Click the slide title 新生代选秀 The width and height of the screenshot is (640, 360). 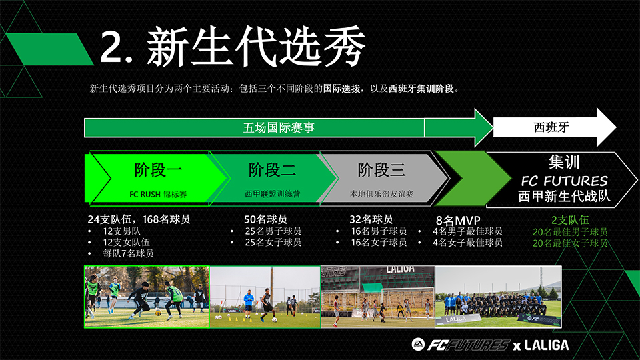pyautogui.click(x=256, y=46)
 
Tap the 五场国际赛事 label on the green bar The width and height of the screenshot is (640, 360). pyautogui.click(x=279, y=128)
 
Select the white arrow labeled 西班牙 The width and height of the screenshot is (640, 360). pyautogui.click(x=555, y=127)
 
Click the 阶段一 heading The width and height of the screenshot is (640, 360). pyautogui.click(x=158, y=170)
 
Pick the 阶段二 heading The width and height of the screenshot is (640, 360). pyautogui.click(x=272, y=170)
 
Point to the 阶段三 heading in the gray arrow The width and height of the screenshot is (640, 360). pyautogui.click(x=381, y=170)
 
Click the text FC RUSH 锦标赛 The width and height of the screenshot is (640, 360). pyautogui.click(x=158, y=194)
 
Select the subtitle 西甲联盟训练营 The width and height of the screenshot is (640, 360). pyautogui.click(x=272, y=194)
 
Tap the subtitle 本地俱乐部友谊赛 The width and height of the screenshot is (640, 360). pyautogui.click(x=381, y=194)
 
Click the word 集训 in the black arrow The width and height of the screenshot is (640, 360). pyautogui.click(x=564, y=162)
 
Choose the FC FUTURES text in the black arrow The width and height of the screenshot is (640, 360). pyautogui.click(x=565, y=181)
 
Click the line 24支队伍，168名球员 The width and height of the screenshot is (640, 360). pyautogui.click(x=139, y=219)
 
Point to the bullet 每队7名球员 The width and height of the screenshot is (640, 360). pyautogui.click(x=128, y=253)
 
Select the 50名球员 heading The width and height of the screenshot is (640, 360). pyautogui.click(x=265, y=219)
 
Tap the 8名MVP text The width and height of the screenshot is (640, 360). pyautogui.click(x=458, y=221)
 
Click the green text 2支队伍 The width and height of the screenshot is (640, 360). pyautogui.click(x=570, y=221)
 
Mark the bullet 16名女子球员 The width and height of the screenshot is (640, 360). pyautogui.click(x=379, y=243)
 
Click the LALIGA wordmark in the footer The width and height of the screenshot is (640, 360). pyautogui.click(x=547, y=345)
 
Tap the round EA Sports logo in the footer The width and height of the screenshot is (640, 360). pyautogui.click(x=418, y=345)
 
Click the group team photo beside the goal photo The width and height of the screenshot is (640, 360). pyautogui.click(x=499, y=297)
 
